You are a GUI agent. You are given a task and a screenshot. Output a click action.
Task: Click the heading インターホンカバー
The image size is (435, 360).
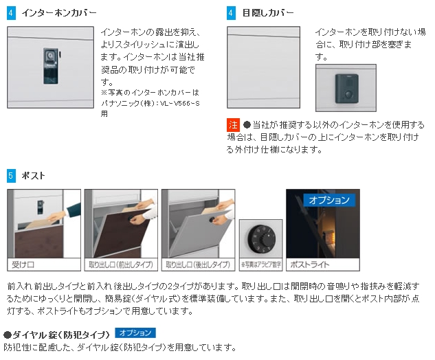click(x=59, y=13)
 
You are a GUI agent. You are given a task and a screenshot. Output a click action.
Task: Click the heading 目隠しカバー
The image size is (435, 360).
click(x=268, y=13)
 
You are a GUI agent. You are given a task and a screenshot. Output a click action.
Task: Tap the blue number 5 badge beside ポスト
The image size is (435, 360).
click(x=11, y=176)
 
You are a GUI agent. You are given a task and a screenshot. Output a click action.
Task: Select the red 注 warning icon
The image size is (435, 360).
click(x=233, y=125)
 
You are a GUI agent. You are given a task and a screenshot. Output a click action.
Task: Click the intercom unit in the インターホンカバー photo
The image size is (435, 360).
click(x=51, y=66)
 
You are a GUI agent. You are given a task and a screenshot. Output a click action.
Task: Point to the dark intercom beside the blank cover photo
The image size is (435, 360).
click(x=347, y=89)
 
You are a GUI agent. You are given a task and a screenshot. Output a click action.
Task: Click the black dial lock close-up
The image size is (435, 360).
click(x=262, y=239)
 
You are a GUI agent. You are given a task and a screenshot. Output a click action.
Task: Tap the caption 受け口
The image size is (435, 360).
click(x=23, y=265)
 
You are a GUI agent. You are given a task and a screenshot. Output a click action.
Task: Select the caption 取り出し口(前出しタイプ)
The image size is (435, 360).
click(x=121, y=265)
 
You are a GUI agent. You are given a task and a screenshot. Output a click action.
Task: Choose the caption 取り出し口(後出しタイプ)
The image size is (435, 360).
click(x=198, y=265)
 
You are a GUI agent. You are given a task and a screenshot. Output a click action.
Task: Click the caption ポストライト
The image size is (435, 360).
click(x=310, y=265)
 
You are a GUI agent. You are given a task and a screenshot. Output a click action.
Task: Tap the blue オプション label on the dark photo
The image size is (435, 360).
click(x=329, y=200)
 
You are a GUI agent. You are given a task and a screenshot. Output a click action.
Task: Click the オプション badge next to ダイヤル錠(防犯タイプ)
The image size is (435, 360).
click(x=135, y=333)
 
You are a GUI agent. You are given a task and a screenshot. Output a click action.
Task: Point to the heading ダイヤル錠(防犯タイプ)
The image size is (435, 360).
click(x=57, y=335)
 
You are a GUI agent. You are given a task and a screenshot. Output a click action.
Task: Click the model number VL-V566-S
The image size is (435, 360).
click(x=180, y=104)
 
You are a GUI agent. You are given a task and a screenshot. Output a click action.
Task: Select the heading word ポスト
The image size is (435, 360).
click(x=33, y=176)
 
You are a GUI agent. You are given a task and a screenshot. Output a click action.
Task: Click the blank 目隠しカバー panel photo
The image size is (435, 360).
click(x=264, y=67)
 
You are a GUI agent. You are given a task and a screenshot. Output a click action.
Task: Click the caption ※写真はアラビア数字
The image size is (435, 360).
click(x=260, y=265)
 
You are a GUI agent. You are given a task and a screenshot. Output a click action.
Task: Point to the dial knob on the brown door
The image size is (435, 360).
click(x=130, y=219)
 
